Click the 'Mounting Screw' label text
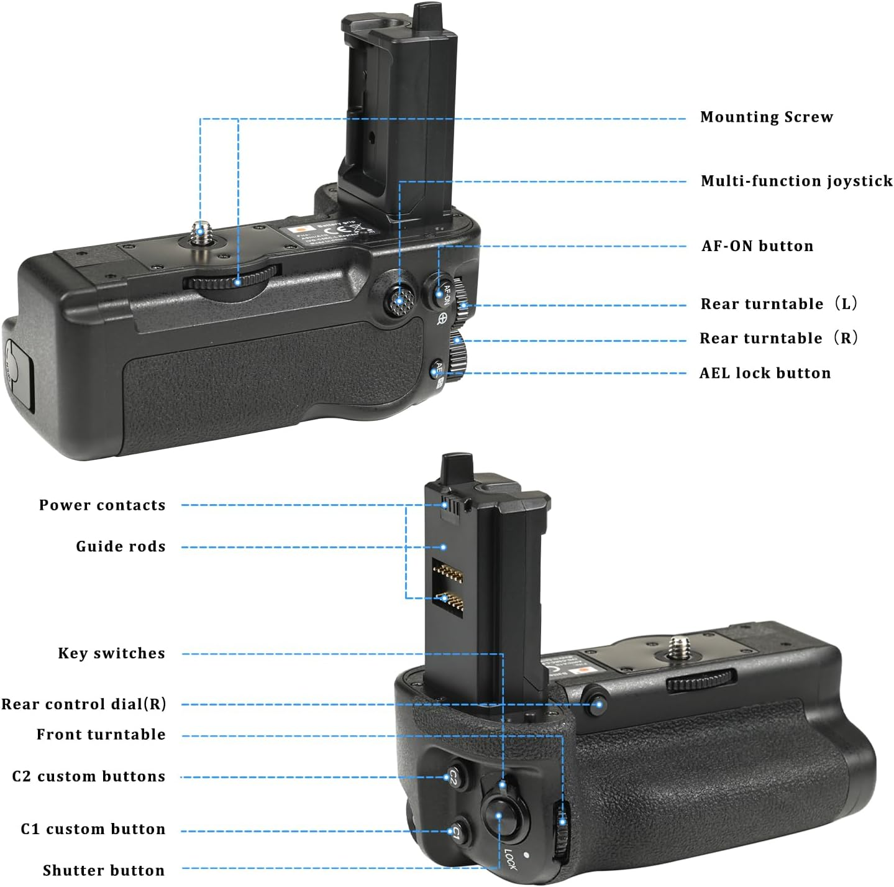[766, 117]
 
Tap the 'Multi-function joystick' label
[796, 181]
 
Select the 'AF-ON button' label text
[757, 246]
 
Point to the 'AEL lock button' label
[765, 373]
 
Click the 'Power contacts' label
[103, 505]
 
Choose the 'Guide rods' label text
[121, 546]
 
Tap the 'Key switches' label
[112, 653]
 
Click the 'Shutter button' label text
[104, 870]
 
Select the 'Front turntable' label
[101, 735]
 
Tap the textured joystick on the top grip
[399, 301]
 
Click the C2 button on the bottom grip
[454, 776]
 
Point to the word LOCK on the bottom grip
[510, 859]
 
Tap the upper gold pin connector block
[447, 572]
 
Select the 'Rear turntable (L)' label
[779, 304]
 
